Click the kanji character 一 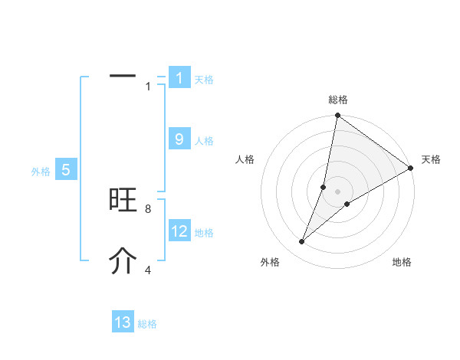[x=123, y=76]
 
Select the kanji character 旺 [x=123, y=200]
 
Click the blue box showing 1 [x=179, y=77]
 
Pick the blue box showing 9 [x=179, y=139]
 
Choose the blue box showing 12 [x=179, y=231]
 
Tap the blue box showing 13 [x=123, y=322]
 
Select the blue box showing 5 [x=66, y=170]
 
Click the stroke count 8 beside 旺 [x=147, y=208]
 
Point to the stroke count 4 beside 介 [x=147, y=270]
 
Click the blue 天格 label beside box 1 [x=204, y=79]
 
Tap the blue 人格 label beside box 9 [x=204, y=141]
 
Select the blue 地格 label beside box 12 [x=204, y=232]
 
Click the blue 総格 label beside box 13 [x=147, y=324]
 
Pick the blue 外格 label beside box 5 [x=41, y=172]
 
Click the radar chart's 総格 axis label [x=338, y=100]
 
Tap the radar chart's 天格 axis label [x=432, y=159]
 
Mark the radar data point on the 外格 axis [x=302, y=242]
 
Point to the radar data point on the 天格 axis [x=411, y=168]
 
